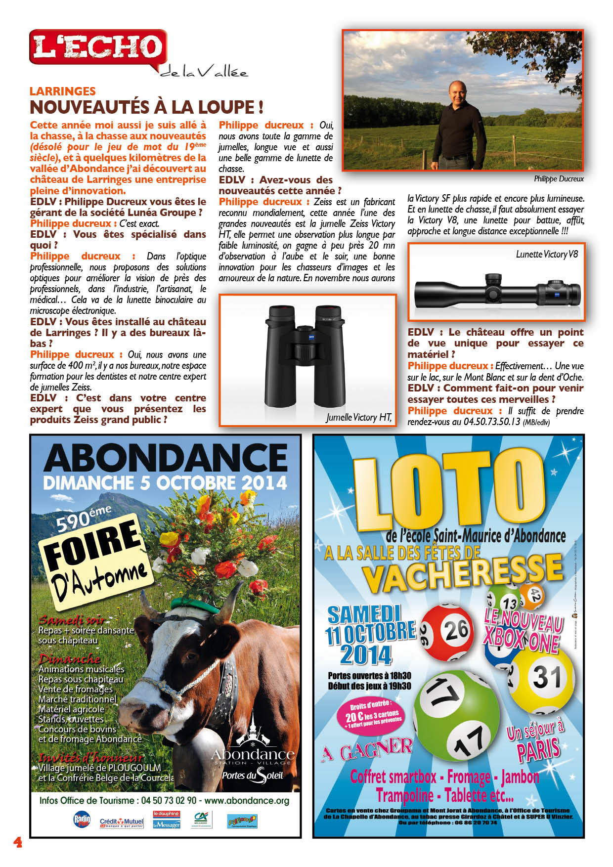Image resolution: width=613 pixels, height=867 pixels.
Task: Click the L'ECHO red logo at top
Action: tap(98, 47)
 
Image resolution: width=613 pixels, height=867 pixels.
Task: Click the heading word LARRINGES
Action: tap(63, 91)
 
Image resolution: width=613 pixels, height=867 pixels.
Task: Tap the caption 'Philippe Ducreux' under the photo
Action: tap(559, 179)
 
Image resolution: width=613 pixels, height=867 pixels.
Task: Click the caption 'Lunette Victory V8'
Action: tap(547, 255)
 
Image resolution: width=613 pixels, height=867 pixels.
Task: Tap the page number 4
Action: tap(18, 842)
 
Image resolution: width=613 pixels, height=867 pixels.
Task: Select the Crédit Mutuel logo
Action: tap(122, 823)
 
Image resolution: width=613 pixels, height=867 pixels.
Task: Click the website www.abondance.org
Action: tap(247, 800)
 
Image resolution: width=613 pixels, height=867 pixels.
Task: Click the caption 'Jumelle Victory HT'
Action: tap(358, 418)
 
